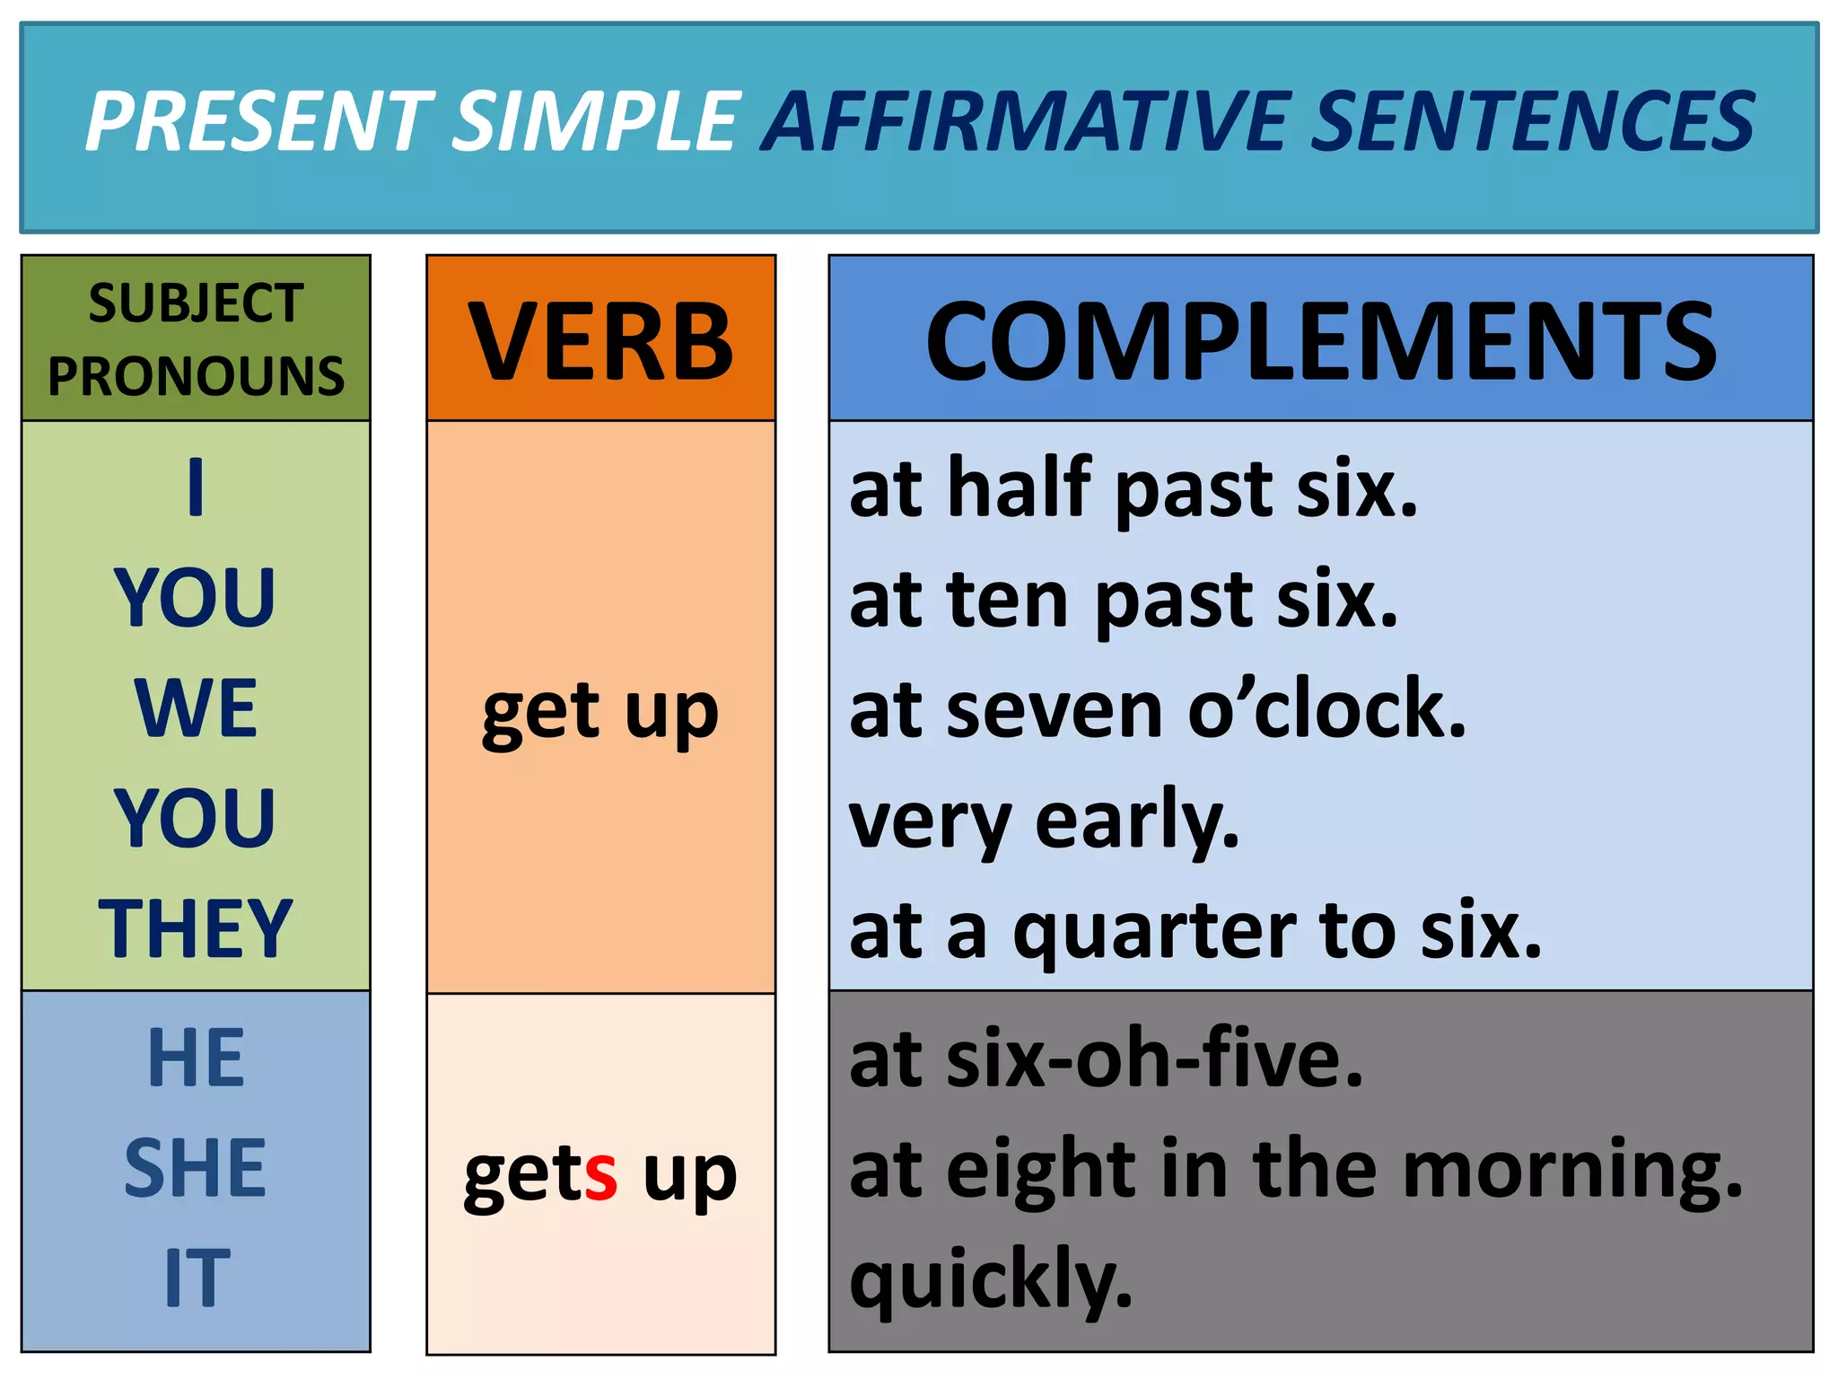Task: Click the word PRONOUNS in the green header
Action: (x=196, y=376)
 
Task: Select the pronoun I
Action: (x=196, y=487)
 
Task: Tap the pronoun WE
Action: (x=196, y=708)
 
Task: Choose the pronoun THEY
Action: (x=196, y=928)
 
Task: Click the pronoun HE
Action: (x=196, y=1058)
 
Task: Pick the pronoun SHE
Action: (x=196, y=1168)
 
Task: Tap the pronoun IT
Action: (x=196, y=1278)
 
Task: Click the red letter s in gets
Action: (x=600, y=1174)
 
